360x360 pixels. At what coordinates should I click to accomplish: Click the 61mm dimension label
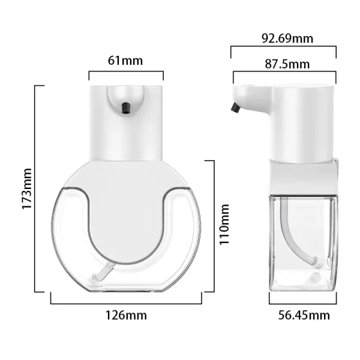(125, 61)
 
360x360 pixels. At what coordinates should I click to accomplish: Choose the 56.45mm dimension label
(304, 315)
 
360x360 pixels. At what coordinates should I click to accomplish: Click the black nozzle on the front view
(126, 107)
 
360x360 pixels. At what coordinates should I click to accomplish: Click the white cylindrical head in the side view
(300, 120)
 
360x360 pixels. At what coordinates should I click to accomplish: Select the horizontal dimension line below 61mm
(126, 72)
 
